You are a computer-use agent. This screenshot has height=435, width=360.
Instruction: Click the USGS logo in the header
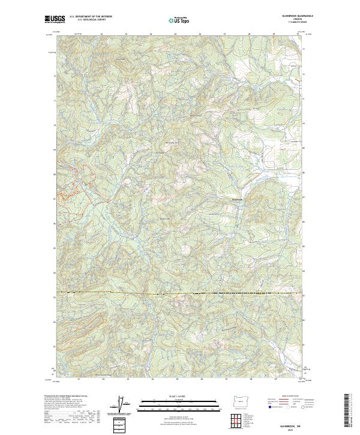55,20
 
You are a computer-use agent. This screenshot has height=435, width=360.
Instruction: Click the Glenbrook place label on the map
237,199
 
